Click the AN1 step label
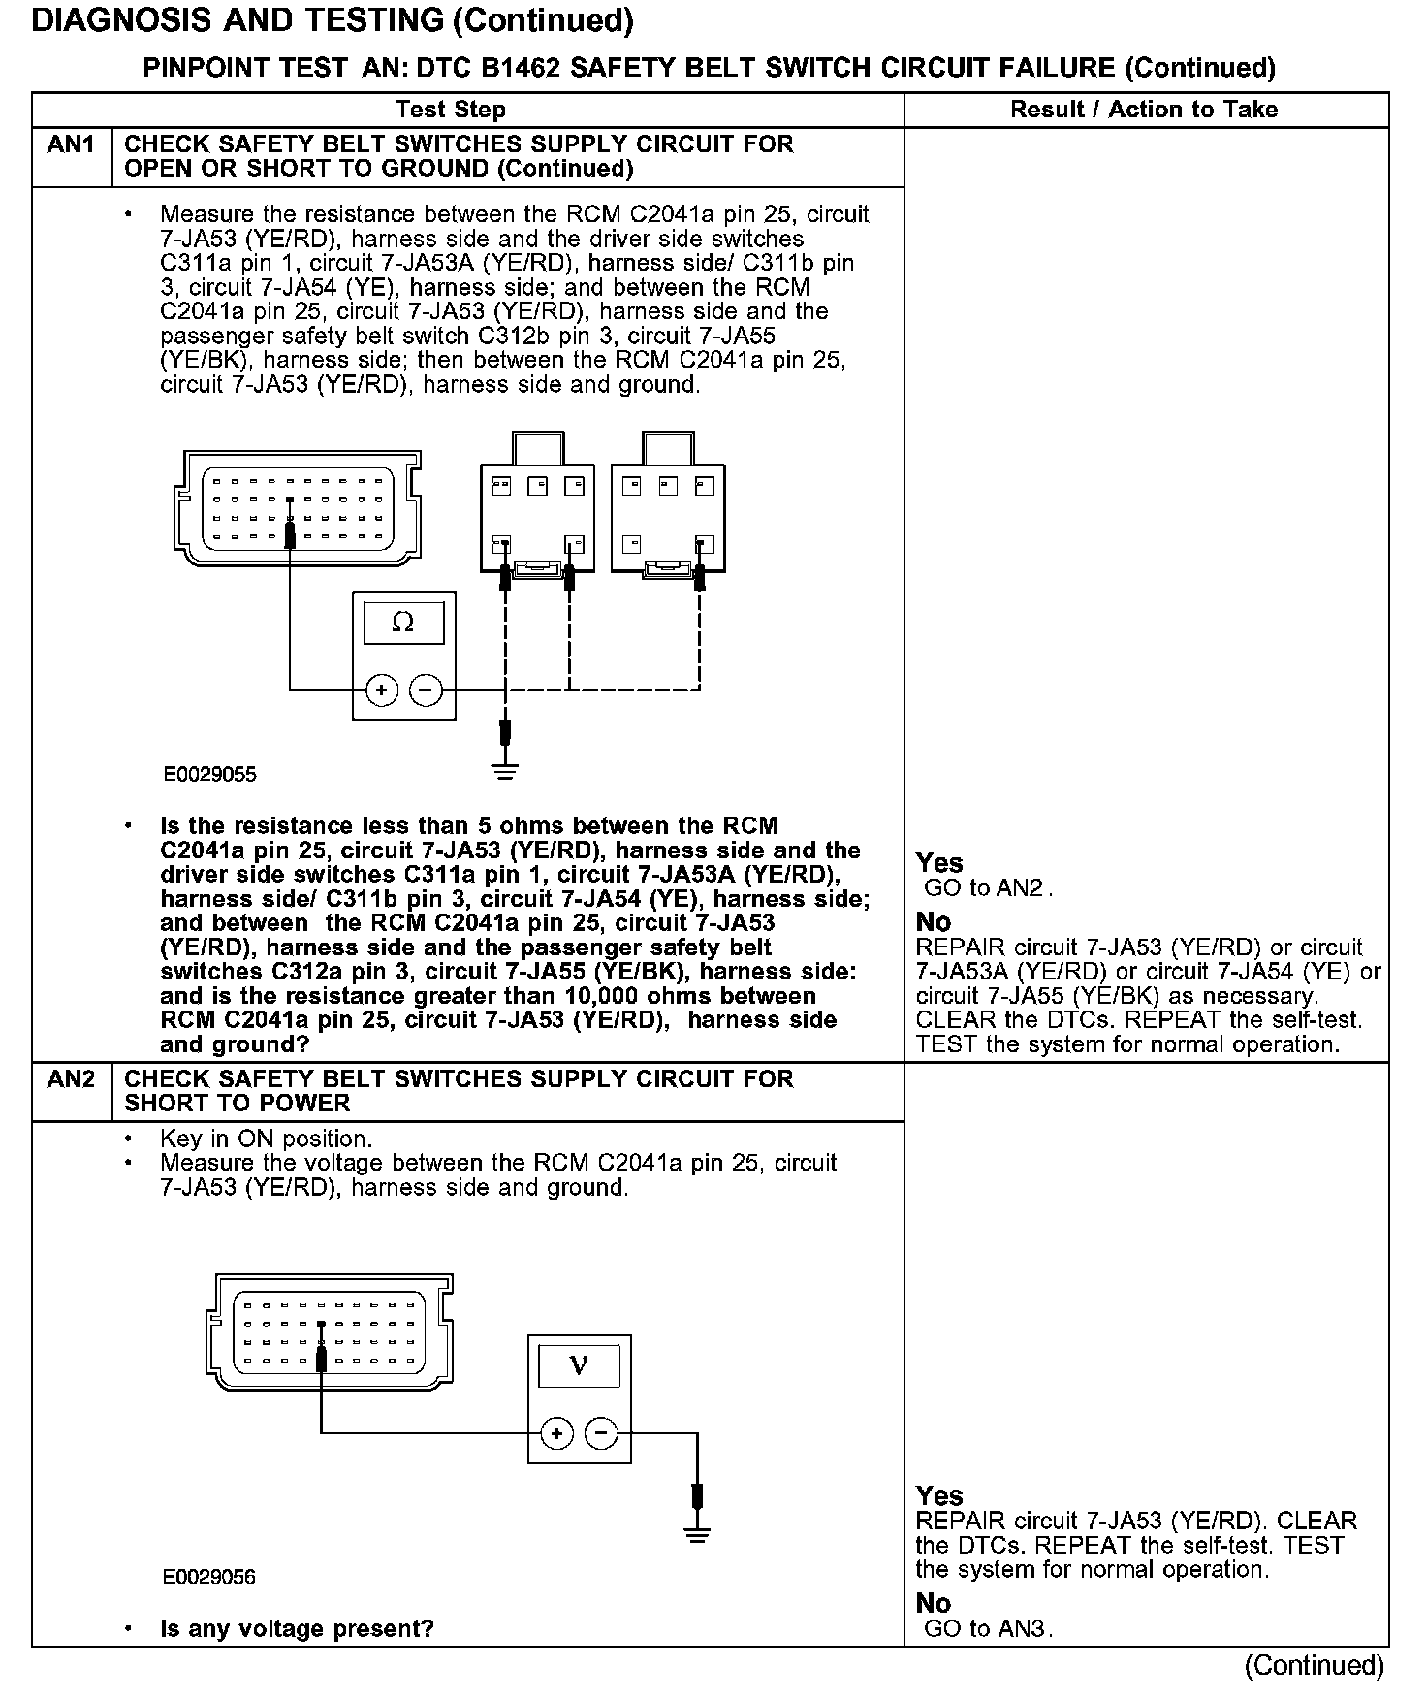[x=71, y=144]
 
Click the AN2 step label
[x=71, y=1079]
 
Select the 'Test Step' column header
[x=451, y=110]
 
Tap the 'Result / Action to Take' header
[x=1144, y=110]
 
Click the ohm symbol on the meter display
[x=403, y=623]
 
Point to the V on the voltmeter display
[x=579, y=1366]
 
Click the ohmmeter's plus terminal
[x=382, y=690]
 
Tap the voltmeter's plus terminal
[x=556, y=1433]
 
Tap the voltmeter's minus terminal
[x=602, y=1433]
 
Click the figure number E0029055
[x=209, y=775]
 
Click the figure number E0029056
[x=209, y=1577]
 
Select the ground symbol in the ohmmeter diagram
[x=505, y=772]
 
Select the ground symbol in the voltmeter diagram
[x=696, y=1534]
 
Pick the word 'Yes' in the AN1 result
[x=939, y=863]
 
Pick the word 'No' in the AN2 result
[x=934, y=1604]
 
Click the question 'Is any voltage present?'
[x=297, y=1629]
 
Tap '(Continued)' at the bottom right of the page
[x=1315, y=1666]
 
